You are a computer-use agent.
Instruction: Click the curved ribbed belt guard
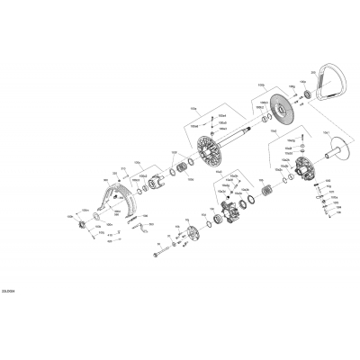point(113,203)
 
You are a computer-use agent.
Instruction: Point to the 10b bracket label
point(192,106)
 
